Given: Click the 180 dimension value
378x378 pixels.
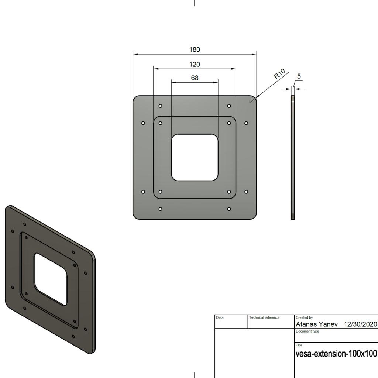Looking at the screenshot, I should point(195,49).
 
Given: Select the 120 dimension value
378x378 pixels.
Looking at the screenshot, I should point(195,64).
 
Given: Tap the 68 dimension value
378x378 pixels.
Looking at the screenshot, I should point(195,78).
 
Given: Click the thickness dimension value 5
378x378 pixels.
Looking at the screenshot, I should point(299,76).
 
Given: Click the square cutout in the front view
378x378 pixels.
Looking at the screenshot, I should point(195,158).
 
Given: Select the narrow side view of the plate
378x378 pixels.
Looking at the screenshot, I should point(293,158).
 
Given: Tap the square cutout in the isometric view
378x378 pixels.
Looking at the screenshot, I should point(51,279).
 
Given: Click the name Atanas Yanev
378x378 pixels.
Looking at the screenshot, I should point(316,324).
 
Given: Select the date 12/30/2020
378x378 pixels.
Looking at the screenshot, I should point(360,324).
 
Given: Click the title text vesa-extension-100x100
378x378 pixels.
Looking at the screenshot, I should point(336,354).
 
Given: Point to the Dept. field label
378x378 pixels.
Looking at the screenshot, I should point(220,317).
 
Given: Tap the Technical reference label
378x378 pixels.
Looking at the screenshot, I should point(264,317).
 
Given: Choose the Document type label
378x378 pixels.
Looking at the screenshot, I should point(307,331).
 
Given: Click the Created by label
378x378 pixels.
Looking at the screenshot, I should point(304,317).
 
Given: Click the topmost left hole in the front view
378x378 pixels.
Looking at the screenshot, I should point(160,106).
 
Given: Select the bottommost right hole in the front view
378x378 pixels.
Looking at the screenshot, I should point(229,209).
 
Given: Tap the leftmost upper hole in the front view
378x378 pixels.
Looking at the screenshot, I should point(143,123).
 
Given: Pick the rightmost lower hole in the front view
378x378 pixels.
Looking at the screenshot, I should point(246,192).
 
